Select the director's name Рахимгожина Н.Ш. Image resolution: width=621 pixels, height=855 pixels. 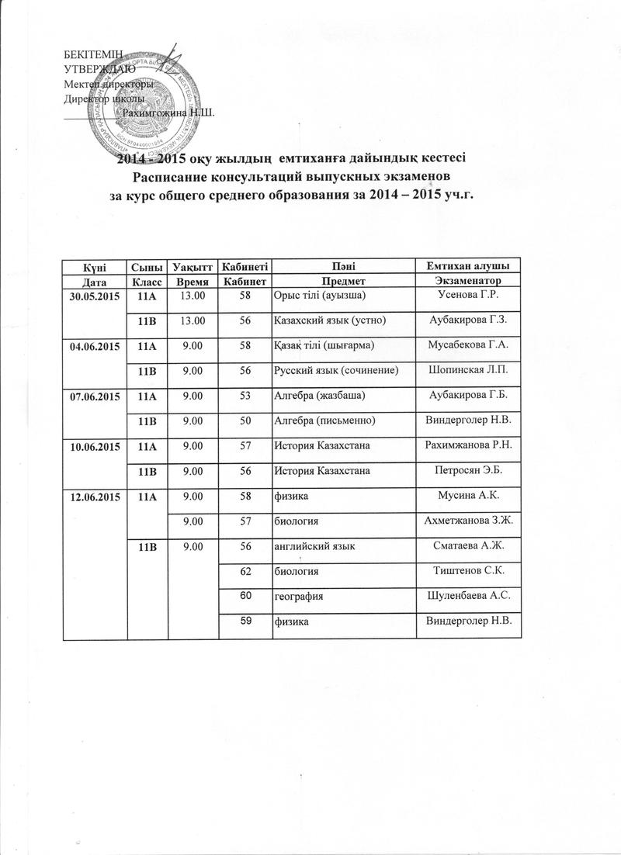coord(168,112)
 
